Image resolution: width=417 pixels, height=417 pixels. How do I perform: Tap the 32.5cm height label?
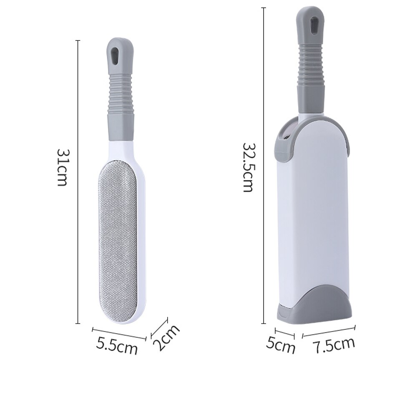(x=249, y=167)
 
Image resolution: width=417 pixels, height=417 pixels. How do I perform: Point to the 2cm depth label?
(x=166, y=338)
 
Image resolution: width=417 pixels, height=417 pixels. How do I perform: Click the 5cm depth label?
(x=280, y=345)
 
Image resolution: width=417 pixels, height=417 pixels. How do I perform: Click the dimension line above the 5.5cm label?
(x=119, y=333)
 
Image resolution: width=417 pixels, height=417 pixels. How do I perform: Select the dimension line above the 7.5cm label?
(x=329, y=330)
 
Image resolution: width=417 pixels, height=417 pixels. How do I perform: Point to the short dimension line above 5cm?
(x=285, y=333)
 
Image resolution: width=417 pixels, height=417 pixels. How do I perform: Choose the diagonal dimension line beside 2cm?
(x=159, y=326)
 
